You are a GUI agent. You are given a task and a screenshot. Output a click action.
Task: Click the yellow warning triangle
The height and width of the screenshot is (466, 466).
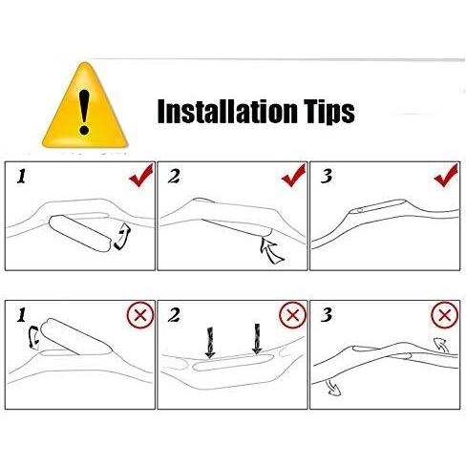[x=85, y=108]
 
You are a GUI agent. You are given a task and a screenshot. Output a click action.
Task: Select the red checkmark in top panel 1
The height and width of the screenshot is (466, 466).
[x=141, y=176]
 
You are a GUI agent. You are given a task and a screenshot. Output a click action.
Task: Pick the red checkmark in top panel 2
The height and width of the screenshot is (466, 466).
[x=294, y=176]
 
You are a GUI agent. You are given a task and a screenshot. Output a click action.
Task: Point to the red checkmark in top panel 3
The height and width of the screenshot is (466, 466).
[x=446, y=176]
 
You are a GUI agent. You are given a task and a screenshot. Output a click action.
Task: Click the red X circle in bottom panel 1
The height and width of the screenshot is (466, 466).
[x=140, y=315]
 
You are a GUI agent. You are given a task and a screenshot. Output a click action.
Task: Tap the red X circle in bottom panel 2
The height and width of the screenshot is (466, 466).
[x=293, y=315]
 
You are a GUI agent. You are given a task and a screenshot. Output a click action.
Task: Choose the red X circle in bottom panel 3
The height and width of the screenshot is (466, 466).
[x=445, y=315]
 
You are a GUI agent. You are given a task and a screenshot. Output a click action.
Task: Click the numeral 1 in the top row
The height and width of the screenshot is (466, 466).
[x=21, y=177]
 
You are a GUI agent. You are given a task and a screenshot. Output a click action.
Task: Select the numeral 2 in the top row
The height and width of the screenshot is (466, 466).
[x=174, y=177]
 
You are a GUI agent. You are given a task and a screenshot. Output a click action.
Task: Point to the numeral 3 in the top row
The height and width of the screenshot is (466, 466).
[x=327, y=177]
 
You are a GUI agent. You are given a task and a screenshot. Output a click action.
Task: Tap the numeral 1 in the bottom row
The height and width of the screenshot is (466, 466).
[x=21, y=315]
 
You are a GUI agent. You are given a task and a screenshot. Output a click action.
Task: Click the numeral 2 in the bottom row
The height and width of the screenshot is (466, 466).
[x=174, y=315]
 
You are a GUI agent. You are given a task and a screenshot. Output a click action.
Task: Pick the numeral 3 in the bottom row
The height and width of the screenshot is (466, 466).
[x=327, y=315]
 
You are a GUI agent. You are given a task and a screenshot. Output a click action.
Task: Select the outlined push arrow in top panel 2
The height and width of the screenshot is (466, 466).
[x=270, y=250]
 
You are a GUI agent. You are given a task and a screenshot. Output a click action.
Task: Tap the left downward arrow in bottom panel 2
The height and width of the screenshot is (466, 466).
[x=210, y=343]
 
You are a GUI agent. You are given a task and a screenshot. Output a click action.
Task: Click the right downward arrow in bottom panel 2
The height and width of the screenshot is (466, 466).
[x=257, y=339]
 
